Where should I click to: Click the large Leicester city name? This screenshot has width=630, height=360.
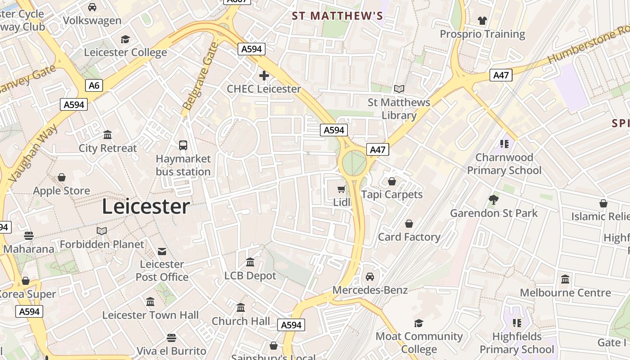[x=146, y=207]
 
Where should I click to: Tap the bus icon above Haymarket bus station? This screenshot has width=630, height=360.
[x=183, y=145]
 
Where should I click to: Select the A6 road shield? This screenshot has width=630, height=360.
[x=94, y=85]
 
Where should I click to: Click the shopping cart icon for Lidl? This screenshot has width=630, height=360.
[x=342, y=189]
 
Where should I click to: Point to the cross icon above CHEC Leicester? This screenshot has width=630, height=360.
[x=264, y=76]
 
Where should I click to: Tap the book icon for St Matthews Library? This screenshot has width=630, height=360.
[x=399, y=89]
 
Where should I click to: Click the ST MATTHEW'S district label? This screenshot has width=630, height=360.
[x=337, y=16]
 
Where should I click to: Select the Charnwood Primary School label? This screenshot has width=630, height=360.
[x=504, y=164]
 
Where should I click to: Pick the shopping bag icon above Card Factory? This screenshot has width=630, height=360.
[x=409, y=224]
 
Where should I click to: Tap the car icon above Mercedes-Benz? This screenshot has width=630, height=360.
[x=370, y=277]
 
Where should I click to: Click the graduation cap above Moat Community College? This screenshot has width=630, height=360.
[x=418, y=323]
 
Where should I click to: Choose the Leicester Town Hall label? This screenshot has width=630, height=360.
[x=150, y=315]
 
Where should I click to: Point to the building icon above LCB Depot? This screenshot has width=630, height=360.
[x=250, y=262]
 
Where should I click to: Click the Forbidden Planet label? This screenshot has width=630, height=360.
[x=102, y=244]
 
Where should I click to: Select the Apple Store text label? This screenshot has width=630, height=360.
[x=62, y=191]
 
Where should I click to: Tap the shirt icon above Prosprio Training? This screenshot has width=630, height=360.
[x=482, y=21]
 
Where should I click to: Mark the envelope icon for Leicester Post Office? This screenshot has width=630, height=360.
[x=162, y=251]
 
